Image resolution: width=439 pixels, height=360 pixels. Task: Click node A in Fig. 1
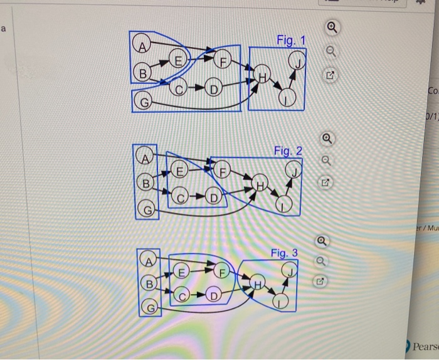pos(143,45)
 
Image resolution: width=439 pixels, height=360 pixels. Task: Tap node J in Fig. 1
pos(295,61)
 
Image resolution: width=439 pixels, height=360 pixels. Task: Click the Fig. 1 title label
pos(290,41)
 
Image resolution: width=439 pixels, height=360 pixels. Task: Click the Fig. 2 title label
pos(288,151)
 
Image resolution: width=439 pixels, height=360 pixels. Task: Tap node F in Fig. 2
pos(221,169)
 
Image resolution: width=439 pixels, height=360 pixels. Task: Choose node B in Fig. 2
pos(145,184)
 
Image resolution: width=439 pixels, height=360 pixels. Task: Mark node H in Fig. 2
pos(258,184)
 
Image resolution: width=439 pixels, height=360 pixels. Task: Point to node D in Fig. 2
pos(213,200)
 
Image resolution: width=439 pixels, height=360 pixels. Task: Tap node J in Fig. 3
pos(289,271)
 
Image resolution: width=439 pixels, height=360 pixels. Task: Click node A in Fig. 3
pos(148,261)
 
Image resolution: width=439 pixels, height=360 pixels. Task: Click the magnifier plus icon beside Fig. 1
pos(331,28)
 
